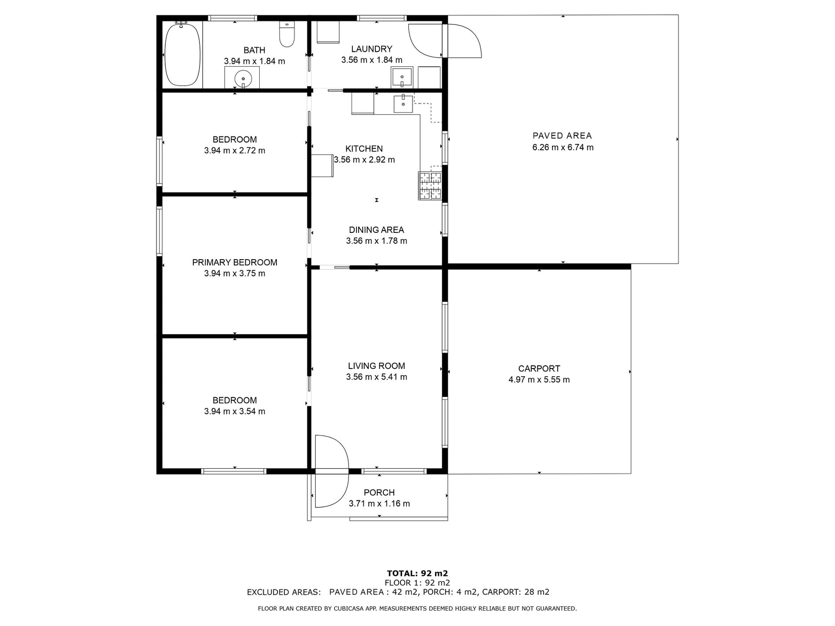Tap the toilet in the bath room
click(287, 35)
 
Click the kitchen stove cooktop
click(429, 186)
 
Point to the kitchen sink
click(403, 104)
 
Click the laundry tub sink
click(402, 78)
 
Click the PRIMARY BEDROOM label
click(234, 262)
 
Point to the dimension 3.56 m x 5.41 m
click(376, 377)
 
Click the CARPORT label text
click(539, 369)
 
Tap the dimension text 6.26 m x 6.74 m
click(563, 148)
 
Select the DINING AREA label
click(376, 230)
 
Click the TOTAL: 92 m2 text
click(417, 573)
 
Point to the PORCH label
click(379, 492)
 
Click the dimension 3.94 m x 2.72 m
click(234, 151)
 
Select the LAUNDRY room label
click(371, 49)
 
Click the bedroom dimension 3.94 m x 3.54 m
click(234, 412)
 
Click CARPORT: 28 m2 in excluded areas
click(516, 592)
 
